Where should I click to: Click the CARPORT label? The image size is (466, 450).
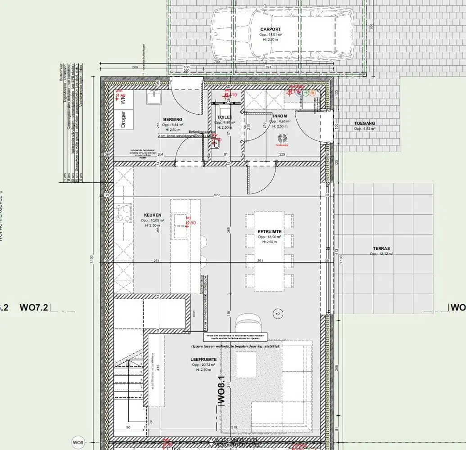[x=270, y=29]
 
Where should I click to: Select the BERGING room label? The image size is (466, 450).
[x=172, y=115]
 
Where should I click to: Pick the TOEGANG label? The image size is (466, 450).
[x=364, y=123]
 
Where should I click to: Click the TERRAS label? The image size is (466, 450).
[x=381, y=248]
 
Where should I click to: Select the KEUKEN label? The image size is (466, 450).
[x=153, y=215]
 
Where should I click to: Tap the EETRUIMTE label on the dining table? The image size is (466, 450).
[x=270, y=231]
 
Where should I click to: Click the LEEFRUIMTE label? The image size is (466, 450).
[x=204, y=360]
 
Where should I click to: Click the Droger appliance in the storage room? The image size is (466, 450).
[x=123, y=120]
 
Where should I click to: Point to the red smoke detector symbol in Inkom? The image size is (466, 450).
[x=283, y=138]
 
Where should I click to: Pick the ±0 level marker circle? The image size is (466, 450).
[x=278, y=313]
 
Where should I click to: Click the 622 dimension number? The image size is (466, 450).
[x=217, y=195]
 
